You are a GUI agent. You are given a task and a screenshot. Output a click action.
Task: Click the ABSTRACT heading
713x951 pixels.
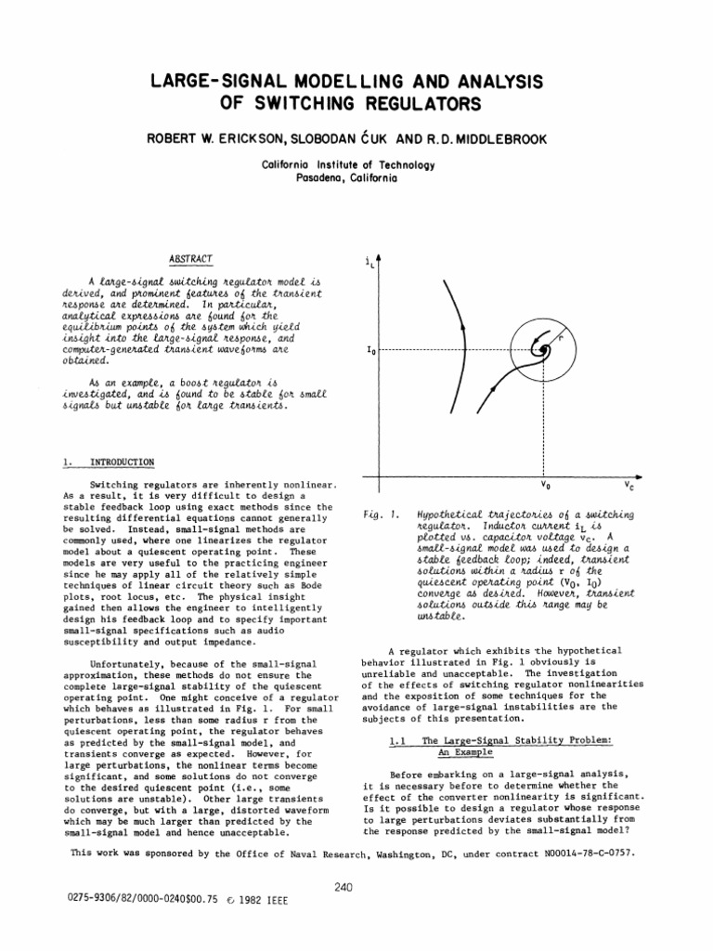point(189,258)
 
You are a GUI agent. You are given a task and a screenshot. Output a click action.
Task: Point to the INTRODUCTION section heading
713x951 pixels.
point(115,462)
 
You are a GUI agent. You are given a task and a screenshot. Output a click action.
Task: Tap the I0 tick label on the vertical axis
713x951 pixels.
point(370,351)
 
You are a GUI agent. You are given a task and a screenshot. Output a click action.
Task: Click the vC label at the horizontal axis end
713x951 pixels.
point(629,486)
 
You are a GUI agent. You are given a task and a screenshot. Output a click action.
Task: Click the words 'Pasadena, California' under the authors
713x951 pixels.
point(356,177)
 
